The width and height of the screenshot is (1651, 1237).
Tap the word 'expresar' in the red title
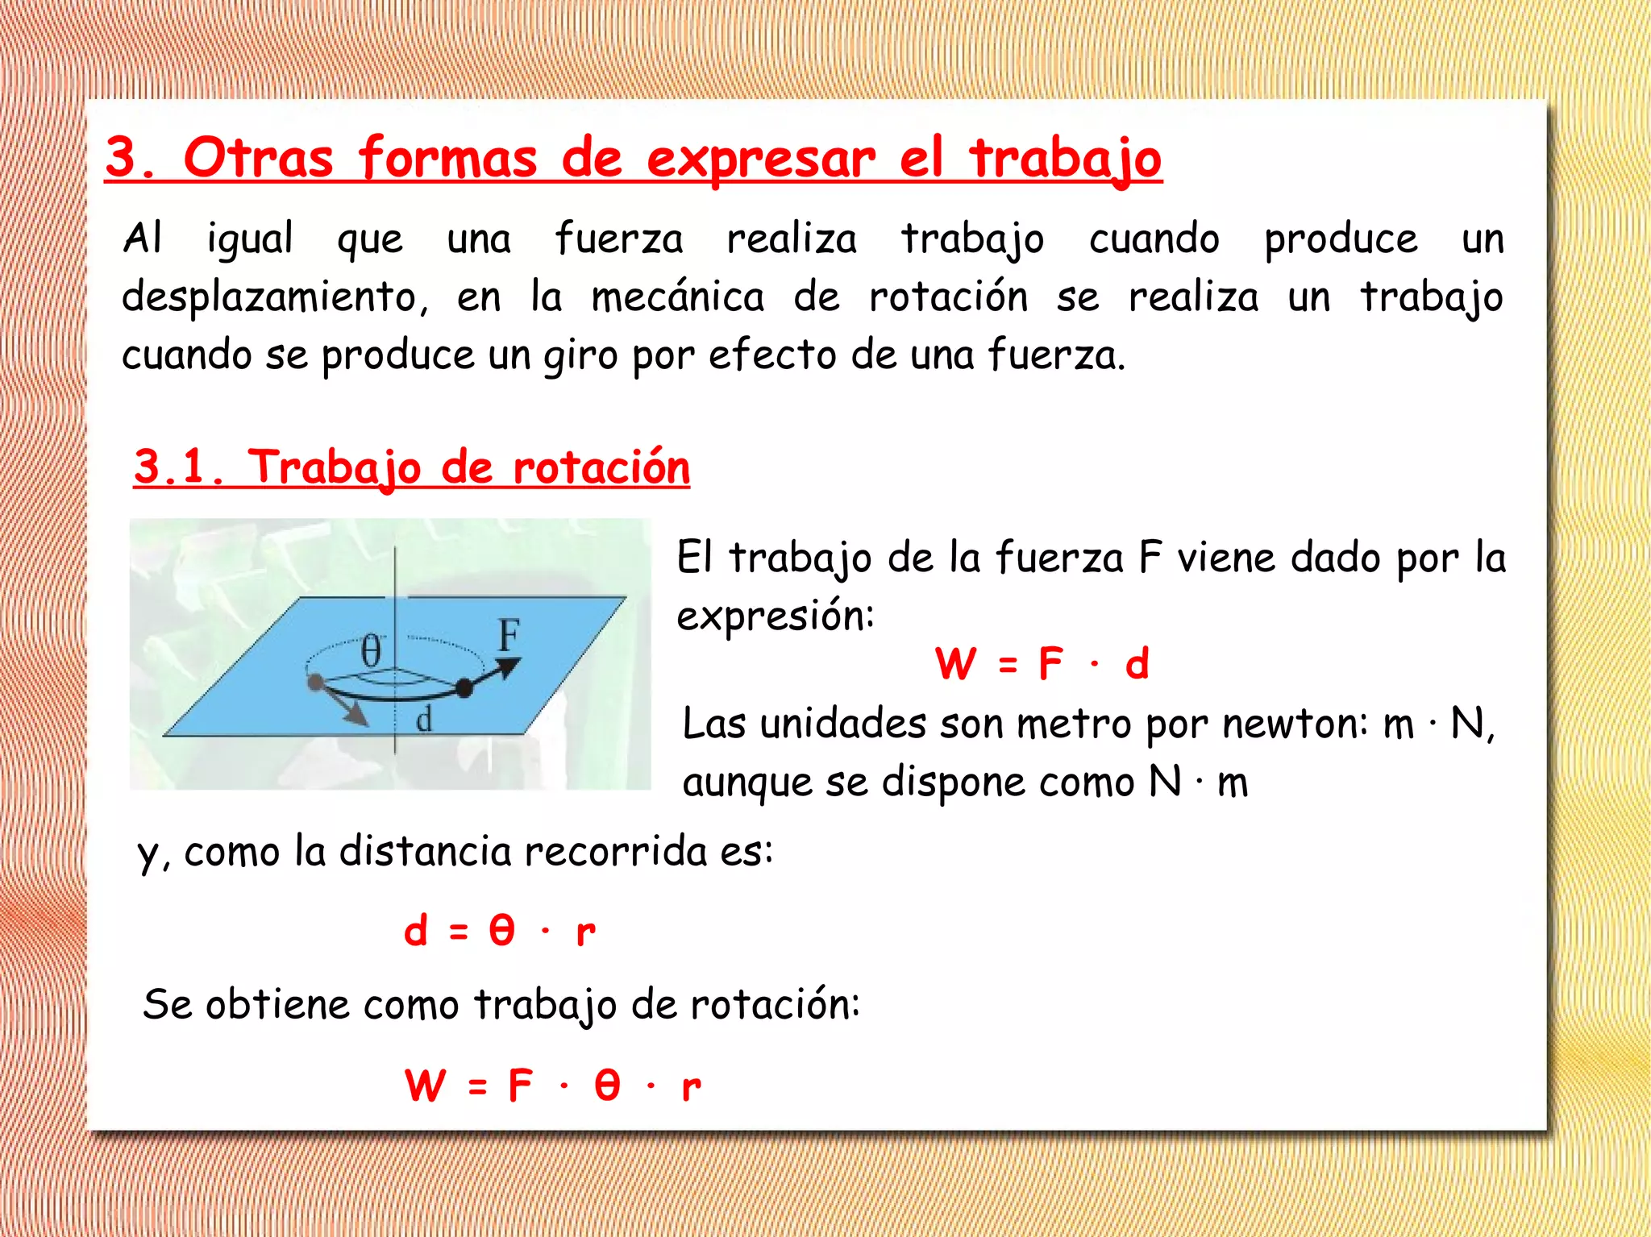coord(760,159)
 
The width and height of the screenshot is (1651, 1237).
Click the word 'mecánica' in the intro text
coord(677,297)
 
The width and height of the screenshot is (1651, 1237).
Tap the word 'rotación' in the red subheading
coord(601,467)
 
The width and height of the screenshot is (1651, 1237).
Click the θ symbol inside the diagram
coord(370,650)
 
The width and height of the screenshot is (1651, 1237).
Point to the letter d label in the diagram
coord(424,719)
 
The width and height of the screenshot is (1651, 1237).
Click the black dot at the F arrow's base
coord(464,688)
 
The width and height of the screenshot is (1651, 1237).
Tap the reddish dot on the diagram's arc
coord(315,683)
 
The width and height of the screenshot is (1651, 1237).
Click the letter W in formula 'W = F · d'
coord(956,665)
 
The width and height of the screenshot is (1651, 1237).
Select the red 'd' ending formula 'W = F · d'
coord(1137,665)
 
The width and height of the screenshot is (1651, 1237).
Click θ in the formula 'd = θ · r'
coord(501,931)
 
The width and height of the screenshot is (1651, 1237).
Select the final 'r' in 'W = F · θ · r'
coord(691,1086)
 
